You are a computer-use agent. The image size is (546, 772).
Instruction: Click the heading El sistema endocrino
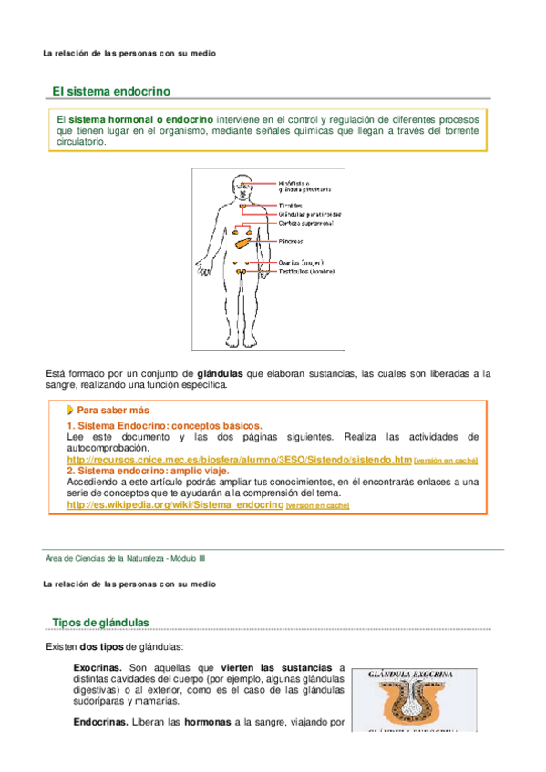point(110,91)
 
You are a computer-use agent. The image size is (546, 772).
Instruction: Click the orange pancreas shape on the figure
point(243,241)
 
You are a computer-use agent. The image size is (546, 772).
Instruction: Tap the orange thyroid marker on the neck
point(242,205)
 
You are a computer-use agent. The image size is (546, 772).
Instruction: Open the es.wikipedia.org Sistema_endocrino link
point(175,504)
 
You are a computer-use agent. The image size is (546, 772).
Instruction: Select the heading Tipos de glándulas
point(100,622)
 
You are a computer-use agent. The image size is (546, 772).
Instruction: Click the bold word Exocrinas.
point(98,667)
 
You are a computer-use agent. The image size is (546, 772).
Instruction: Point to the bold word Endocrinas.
point(100,724)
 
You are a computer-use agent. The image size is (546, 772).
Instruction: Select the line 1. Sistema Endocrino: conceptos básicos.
point(164,425)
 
